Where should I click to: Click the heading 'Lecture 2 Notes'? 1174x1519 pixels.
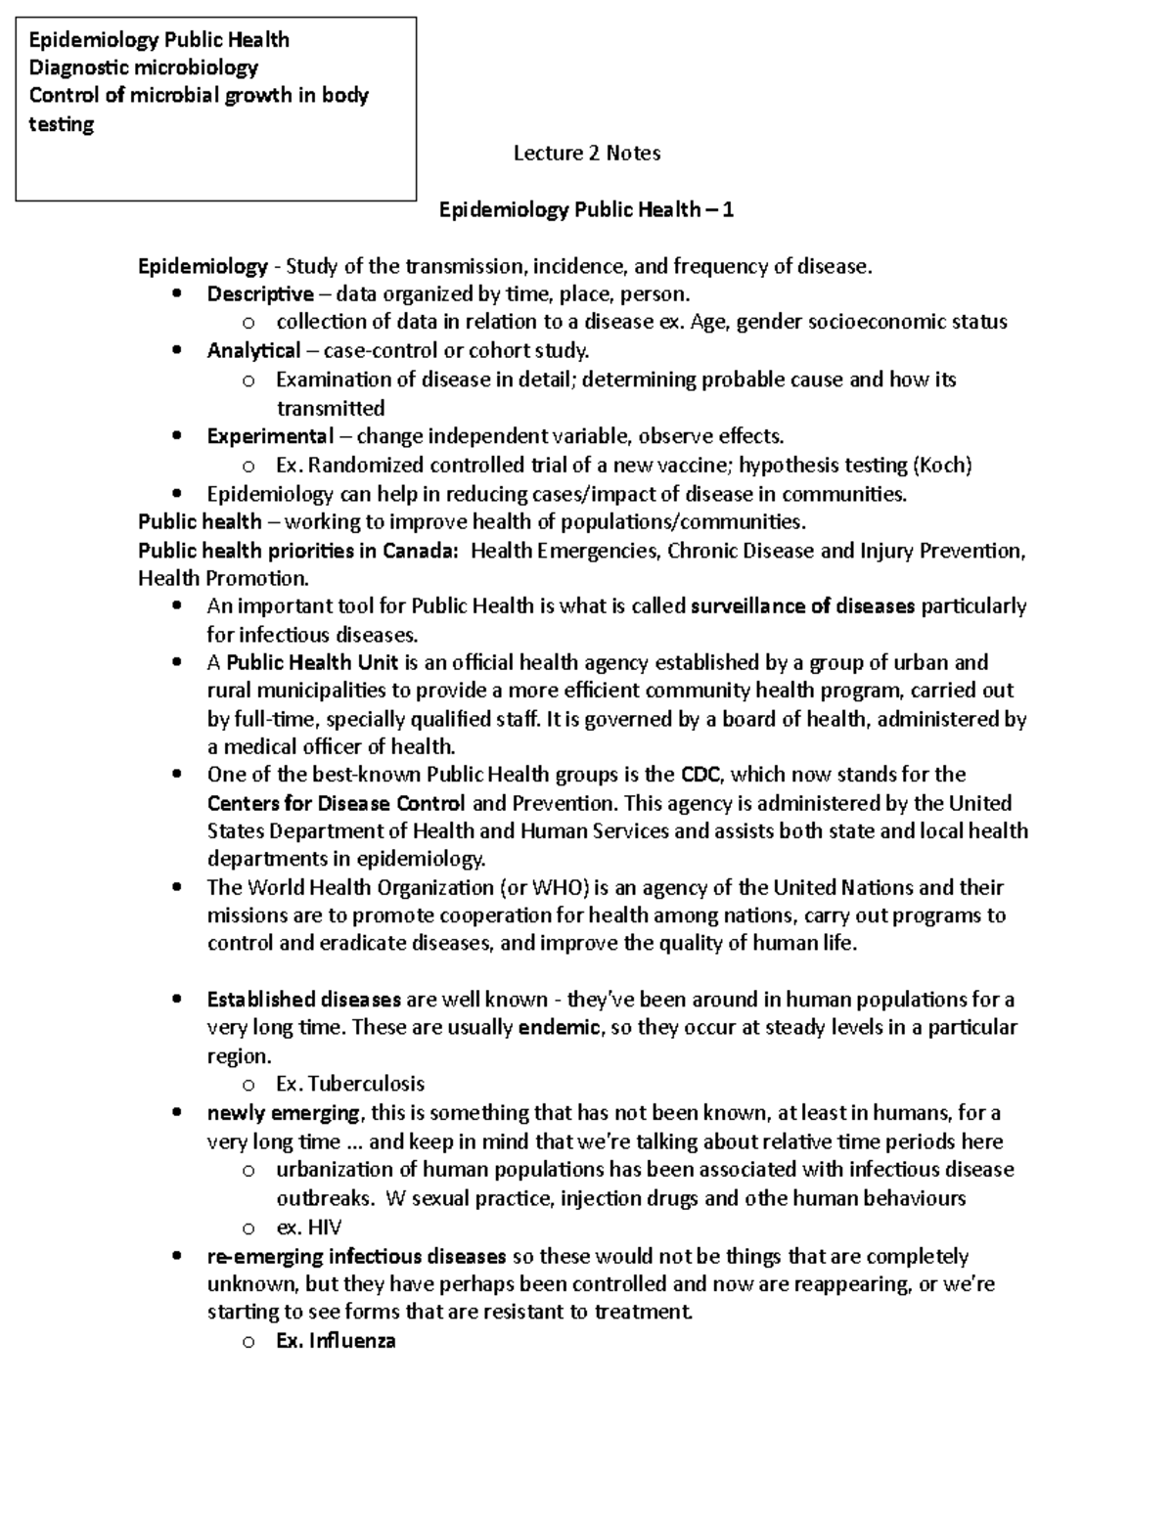587,153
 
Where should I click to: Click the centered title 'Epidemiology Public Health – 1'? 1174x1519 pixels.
586,209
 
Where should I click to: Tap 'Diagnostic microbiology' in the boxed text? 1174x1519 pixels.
144,67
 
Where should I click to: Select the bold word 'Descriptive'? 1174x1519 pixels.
260,294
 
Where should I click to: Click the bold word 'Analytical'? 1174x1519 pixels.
253,351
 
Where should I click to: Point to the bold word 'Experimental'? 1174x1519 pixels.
270,436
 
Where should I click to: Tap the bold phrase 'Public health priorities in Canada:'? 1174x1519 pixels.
297,551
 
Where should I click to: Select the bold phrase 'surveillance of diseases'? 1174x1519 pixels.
802,606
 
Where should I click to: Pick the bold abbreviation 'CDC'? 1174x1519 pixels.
700,776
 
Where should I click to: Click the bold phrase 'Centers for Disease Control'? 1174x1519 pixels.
336,804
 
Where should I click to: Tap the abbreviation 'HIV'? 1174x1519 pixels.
325,1228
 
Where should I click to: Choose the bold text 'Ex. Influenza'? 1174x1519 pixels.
336,1341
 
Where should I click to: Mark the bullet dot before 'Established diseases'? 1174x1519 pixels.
176,1000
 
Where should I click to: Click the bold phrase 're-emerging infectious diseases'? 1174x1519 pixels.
356,1256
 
